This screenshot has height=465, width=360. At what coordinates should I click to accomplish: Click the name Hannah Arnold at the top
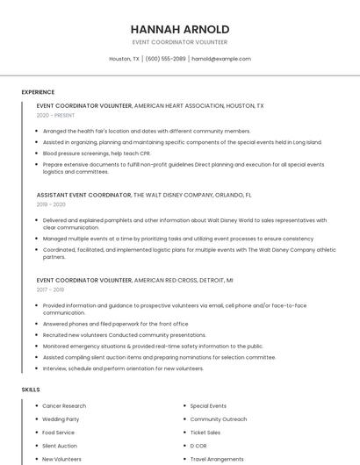(179, 29)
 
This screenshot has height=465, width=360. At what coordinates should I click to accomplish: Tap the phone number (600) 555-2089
(165, 59)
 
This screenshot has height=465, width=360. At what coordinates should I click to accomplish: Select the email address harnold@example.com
(221, 59)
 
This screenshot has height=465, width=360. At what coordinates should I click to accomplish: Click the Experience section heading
(38, 92)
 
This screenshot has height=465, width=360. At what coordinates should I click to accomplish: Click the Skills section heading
(31, 389)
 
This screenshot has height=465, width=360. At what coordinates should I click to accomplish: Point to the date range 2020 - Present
(55, 115)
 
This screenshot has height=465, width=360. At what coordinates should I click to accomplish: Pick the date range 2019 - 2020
(51, 204)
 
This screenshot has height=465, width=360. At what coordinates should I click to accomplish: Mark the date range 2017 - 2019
(50, 289)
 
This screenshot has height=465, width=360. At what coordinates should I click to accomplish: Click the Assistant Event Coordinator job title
(83, 195)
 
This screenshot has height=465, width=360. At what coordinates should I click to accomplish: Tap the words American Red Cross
(168, 280)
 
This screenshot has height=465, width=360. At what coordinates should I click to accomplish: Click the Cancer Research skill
(64, 406)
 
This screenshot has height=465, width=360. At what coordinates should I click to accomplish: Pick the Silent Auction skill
(60, 446)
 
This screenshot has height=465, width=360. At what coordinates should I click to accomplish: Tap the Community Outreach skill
(219, 419)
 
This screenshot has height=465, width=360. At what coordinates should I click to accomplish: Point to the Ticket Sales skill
(205, 433)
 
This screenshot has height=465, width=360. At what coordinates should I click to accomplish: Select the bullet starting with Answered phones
(115, 324)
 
